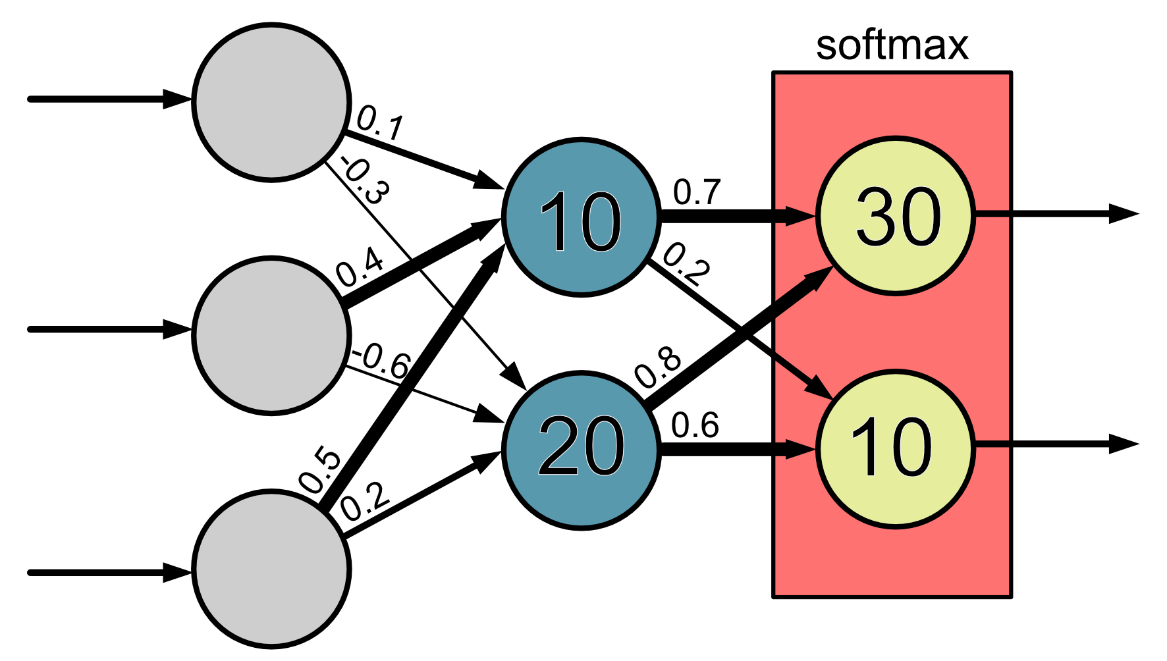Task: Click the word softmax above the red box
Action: [892, 46]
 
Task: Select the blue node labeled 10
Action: [581, 217]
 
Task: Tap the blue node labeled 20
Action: [581, 449]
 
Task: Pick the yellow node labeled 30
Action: [896, 215]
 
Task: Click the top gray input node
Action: [271, 101]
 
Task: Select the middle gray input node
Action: [271, 334]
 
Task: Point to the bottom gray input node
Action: [271, 569]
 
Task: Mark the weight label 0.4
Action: [360, 267]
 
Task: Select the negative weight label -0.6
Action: [382, 361]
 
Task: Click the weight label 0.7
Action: [697, 192]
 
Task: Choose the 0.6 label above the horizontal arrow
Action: [695, 425]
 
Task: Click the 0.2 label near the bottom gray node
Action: [365, 503]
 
